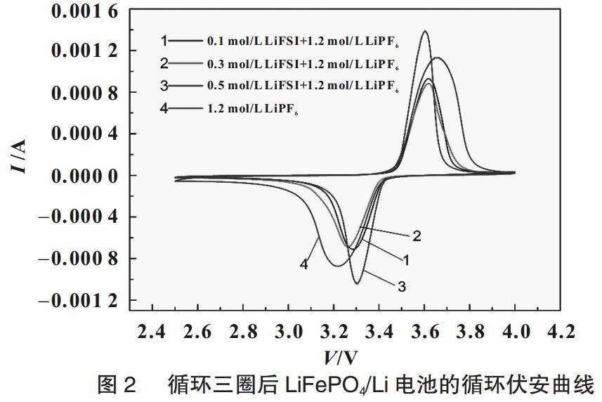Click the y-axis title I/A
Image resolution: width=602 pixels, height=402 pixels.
click(x=21, y=156)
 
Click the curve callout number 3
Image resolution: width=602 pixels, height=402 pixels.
click(x=403, y=286)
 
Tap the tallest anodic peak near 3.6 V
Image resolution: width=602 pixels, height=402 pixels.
click(x=425, y=32)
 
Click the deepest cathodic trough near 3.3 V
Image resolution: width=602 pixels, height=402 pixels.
click(x=357, y=283)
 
